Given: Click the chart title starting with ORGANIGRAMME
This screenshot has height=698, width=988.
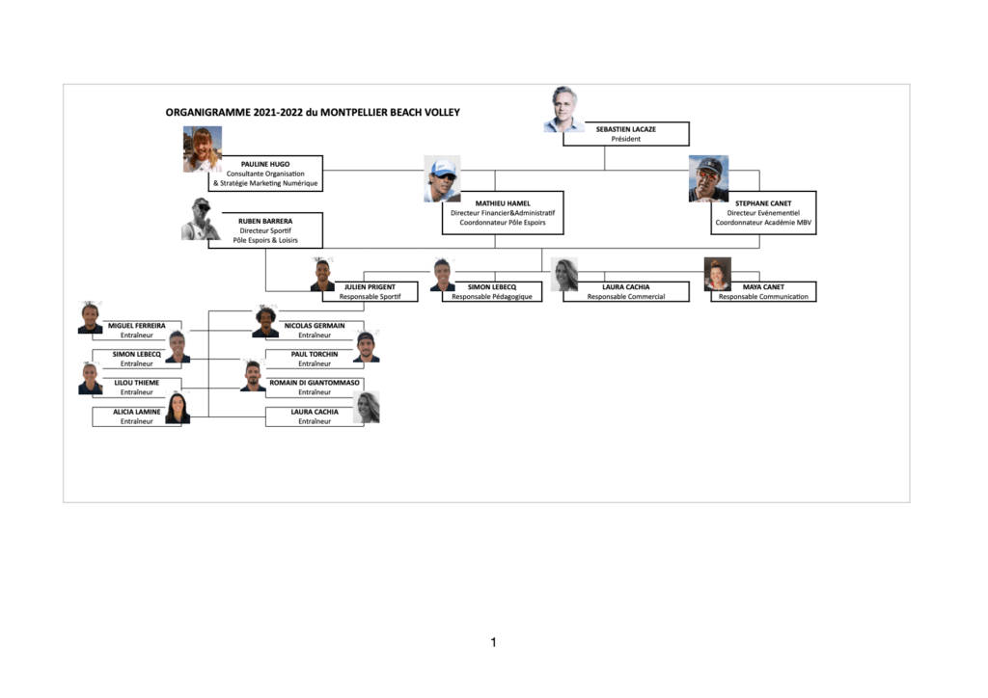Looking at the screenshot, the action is [x=313, y=113].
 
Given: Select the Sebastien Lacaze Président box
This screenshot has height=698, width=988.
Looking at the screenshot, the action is [x=625, y=134].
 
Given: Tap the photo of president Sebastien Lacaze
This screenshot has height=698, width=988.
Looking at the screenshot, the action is [x=563, y=109].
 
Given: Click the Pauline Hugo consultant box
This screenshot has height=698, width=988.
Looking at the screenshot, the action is [x=265, y=174].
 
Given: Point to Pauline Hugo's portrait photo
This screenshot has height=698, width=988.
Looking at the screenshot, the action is [x=203, y=149].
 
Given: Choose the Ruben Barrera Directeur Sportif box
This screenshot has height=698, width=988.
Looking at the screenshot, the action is [x=265, y=230].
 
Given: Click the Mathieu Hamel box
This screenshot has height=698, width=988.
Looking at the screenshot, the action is [x=502, y=213].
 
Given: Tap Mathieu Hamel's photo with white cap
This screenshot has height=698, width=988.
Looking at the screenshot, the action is [x=442, y=178].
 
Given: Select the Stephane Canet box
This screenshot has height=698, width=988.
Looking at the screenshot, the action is [x=763, y=213].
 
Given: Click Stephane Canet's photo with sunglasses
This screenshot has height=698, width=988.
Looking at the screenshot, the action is [x=709, y=178].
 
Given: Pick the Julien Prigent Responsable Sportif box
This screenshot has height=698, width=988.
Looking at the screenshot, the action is [x=370, y=291].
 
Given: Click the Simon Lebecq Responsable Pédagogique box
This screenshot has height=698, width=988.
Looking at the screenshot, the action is [x=491, y=291].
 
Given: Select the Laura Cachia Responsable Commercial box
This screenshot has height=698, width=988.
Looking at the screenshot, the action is [x=625, y=291].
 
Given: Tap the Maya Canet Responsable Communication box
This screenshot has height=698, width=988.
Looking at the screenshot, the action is [x=763, y=291].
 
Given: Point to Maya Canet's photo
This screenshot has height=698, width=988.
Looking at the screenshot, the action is [x=718, y=274].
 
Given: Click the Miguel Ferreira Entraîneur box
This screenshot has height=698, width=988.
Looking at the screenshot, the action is [x=137, y=331].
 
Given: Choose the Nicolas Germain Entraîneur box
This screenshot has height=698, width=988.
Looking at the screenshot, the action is [x=315, y=331].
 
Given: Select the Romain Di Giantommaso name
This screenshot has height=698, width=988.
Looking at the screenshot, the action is [x=315, y=383].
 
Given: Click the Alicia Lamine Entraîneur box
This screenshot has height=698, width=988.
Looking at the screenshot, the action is [x=137, y=416].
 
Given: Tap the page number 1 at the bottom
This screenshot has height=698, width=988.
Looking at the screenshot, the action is [x=493, y=642].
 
